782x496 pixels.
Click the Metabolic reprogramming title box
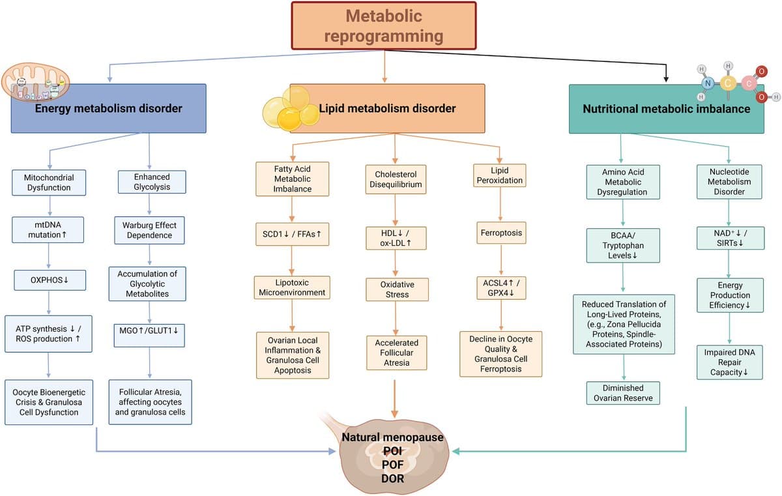pyautogui.click(x=384, y=25)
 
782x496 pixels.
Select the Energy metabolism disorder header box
pyautogui.click(x=108, y=108)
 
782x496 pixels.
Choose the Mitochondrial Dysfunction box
pyautogui.click(x=49, y=182)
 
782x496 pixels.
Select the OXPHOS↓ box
pyautogui.click(x=50, y=280)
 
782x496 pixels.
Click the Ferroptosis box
pyautogui.click(x=500, y=232)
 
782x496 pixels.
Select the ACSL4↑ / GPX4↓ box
pyautogui.click(x=501, y=287)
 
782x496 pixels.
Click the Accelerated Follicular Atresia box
pyautogui.click(x=397, y=353)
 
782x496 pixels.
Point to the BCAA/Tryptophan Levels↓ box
pyautogui.click(x=624, y=245)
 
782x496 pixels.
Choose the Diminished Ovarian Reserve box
pyautogui.click(x=624, y=393)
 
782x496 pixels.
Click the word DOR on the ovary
pyautogui.click(x=392, y=478)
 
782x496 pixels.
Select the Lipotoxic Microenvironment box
pyautogui.click(x=291, y=287)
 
